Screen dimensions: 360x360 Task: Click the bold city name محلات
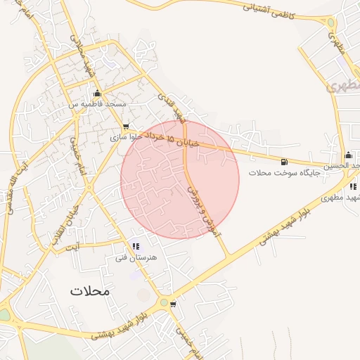pos(91,290)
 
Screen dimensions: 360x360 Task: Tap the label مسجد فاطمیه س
pos(96,103)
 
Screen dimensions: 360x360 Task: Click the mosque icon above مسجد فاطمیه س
pos(97,94)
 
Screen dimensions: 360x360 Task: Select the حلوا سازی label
pos(126,138)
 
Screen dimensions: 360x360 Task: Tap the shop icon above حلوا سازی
pos(125,127)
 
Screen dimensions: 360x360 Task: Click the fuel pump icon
pos(283,161)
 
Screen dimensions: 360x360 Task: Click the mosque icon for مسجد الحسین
pos(348,155)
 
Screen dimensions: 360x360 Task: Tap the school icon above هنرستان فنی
pos(136,246)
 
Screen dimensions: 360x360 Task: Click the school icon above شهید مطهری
pos(353,186)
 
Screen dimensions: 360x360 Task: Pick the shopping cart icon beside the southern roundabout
pos(173,304)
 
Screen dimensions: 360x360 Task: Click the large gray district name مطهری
pos(346,86)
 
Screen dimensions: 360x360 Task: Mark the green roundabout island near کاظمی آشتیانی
pos(330,22)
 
